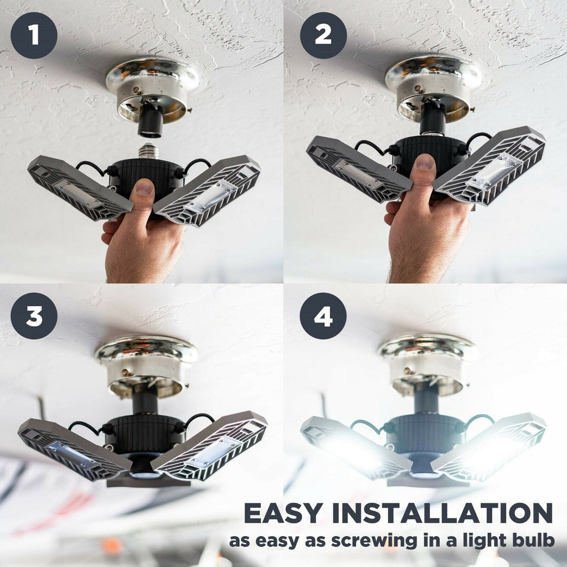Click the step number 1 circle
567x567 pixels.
[x=34, y=35]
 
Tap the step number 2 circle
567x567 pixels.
[x=323, y=35]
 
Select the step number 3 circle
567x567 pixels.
[x=34, y=316]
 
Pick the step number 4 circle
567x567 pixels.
[x=323, y=316]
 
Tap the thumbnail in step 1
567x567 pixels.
[x=143, y=188]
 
